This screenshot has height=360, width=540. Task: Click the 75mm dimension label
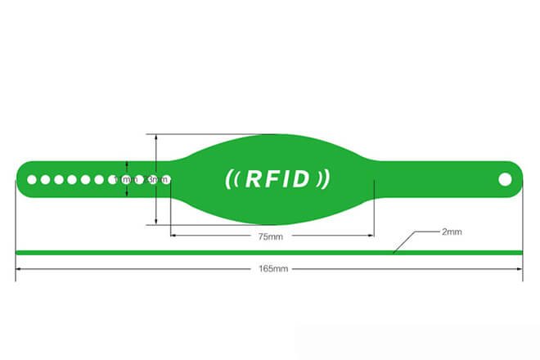click(270, 237)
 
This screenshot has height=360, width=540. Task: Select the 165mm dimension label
click(270, 268)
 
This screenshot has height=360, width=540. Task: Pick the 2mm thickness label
click(452, 232)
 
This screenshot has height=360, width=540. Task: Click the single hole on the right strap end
click(505, 178)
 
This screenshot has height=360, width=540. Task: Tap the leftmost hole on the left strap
click(32, 179)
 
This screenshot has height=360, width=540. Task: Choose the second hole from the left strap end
click(46, 179)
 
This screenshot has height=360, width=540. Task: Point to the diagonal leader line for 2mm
click(405, 243)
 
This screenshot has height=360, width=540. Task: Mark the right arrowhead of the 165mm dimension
click(520, 268)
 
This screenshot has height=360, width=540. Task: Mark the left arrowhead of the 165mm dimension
click(19, 268)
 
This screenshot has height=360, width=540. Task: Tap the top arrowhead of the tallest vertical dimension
click(155, 137)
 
